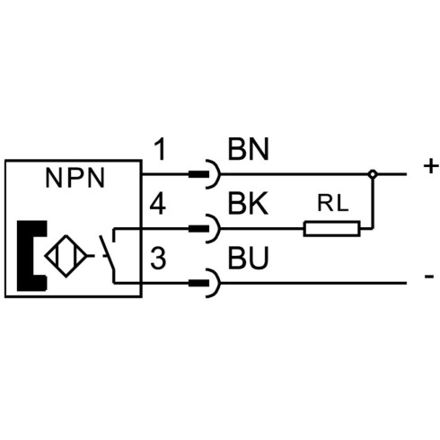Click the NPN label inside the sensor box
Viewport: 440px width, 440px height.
point(75,178)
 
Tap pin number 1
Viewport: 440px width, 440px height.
point(161,150)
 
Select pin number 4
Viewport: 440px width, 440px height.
point(158,204)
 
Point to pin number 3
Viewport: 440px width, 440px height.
point(158,258)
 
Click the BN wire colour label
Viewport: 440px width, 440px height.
point(249,149)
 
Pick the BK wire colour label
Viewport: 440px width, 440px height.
point(248,204)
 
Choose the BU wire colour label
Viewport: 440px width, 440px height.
point(248,258)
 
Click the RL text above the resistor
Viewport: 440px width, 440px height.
point(333,203)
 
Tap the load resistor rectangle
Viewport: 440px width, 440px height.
point(331,229)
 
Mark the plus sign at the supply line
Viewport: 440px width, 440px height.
point(431,166)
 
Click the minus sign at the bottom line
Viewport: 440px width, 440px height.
point(429,277)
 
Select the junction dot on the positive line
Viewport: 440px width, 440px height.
point(373,174)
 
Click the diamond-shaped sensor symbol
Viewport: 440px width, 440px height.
point(66,256)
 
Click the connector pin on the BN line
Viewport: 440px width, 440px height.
point(198,174)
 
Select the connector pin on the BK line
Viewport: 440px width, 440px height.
point(198,229)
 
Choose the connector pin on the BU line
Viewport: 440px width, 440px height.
point(198,283)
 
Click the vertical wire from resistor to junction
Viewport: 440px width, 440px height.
point(373,203)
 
